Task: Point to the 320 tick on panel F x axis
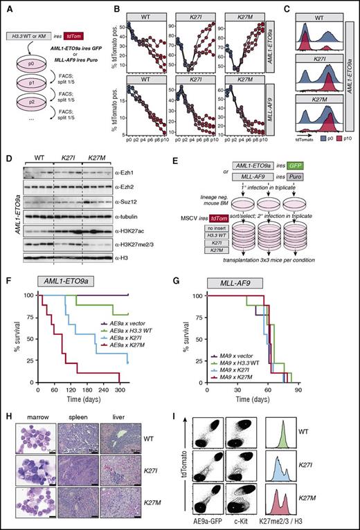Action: [127, 388]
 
